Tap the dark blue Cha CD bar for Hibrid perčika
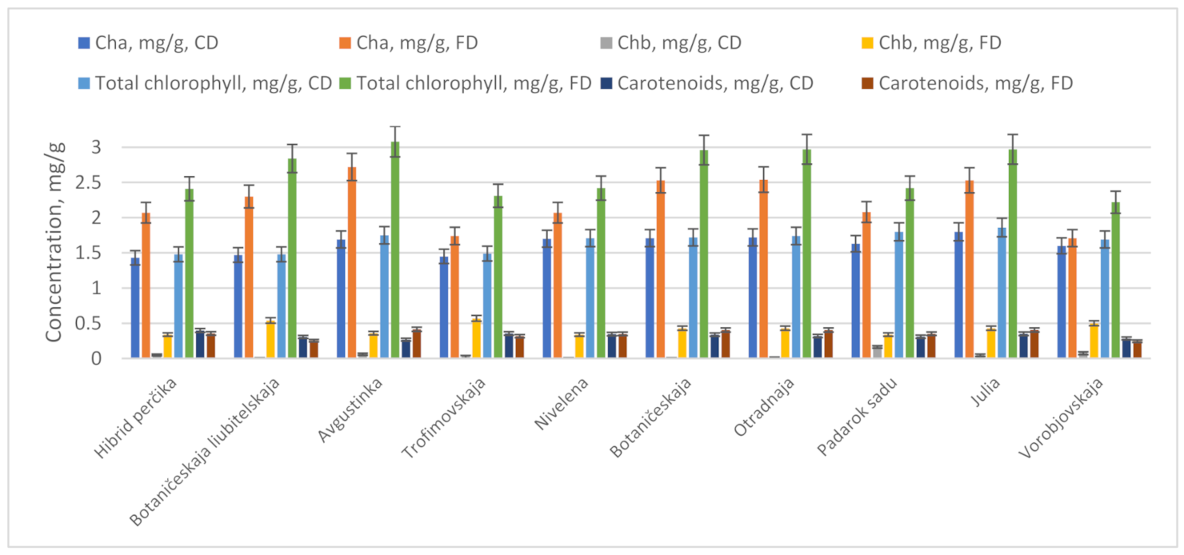pos(136,309)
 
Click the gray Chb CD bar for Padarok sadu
pos(878,353)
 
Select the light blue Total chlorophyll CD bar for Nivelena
pos(590,299)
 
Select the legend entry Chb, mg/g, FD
pos(943,42)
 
